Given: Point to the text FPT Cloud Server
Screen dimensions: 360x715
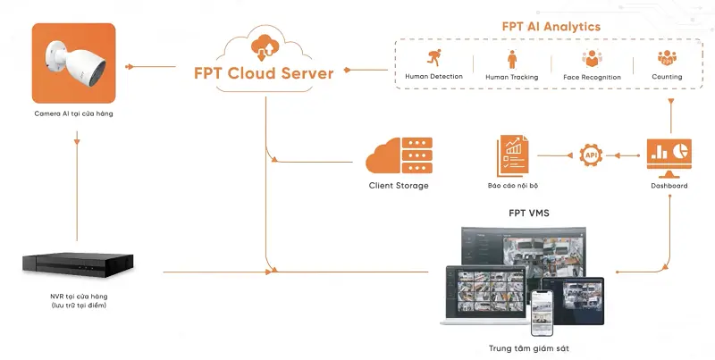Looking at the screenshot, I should pos(264,72).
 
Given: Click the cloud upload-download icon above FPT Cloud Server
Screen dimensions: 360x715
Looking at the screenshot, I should pos(266,44).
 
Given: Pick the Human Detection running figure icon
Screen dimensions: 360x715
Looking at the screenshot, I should pos(433,59).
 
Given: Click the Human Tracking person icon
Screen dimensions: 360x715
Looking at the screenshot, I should pos(512,59).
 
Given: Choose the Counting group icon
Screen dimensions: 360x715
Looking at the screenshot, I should pos(667,59).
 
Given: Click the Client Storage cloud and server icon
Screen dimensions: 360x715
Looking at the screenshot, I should pos(399,155).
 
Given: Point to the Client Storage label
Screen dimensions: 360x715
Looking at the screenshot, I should pos(399,186).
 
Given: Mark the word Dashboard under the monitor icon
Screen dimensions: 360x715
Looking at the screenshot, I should pos(669,186).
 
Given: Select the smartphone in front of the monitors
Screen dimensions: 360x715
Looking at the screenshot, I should pos(543,311).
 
